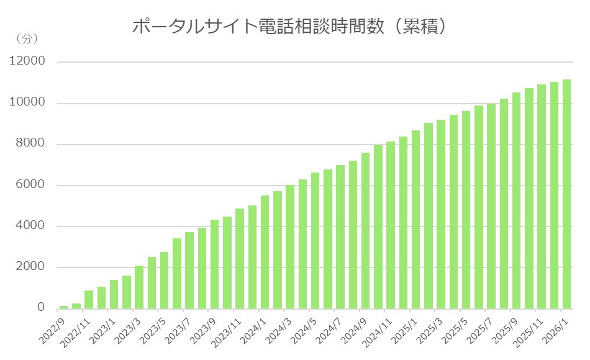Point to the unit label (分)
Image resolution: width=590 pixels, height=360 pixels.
click(27, 38)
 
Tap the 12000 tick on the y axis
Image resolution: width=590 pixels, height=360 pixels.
click(27, 61)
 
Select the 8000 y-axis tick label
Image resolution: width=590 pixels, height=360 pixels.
click(30, 144)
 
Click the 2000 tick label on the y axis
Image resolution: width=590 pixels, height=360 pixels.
click(30, 267)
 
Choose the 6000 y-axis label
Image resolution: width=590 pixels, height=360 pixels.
click(30, 185)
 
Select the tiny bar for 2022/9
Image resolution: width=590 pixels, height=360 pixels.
click(63, 307)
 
